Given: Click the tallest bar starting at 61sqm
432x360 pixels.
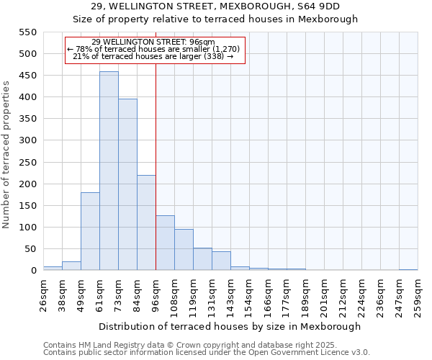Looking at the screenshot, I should point(109,171).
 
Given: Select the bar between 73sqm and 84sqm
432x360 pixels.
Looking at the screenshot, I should point(127,185).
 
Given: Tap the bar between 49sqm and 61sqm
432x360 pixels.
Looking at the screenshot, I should point(90,231).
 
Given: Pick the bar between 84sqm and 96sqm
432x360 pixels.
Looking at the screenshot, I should point(146,222).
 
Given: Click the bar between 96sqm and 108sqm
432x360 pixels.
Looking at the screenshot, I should point(165,243).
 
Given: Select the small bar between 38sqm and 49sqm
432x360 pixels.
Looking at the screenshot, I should point(71,266).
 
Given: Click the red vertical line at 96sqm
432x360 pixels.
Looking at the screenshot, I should point(156,166).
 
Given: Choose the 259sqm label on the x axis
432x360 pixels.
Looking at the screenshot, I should point(418,294).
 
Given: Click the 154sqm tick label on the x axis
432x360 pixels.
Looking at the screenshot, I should point(249,294).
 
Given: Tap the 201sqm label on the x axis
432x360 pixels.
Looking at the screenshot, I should point(324,294).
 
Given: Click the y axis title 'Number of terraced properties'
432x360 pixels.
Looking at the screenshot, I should point(7,155).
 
